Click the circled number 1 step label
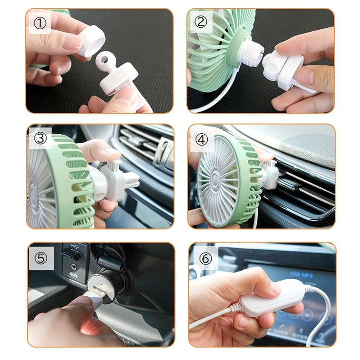tap(39, 22)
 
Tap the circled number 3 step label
tap(40, 138)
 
